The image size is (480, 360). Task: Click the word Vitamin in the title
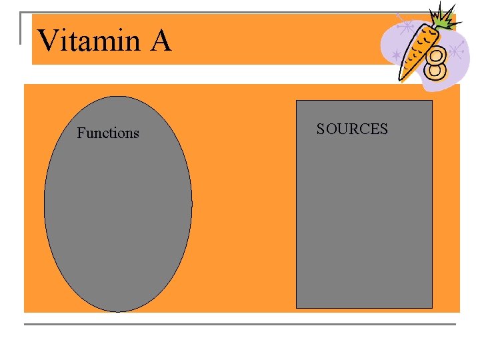click(89, 41)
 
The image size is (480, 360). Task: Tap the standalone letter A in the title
click(161, 41)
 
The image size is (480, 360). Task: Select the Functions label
click(108, 133)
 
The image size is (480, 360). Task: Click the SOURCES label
click(352, 129)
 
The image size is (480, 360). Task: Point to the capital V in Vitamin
click(48, 41)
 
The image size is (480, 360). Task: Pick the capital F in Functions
click(81, 133)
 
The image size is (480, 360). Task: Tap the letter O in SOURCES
click(331, 129)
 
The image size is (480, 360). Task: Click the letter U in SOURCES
click(342, 129)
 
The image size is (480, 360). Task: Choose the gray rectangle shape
click(364, 220)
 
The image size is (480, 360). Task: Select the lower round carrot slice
click(436, 68)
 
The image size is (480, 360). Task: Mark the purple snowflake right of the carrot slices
click(456, 50)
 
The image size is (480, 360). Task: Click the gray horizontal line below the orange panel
click(240, 324)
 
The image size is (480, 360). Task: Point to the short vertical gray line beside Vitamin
click(20, 28)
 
